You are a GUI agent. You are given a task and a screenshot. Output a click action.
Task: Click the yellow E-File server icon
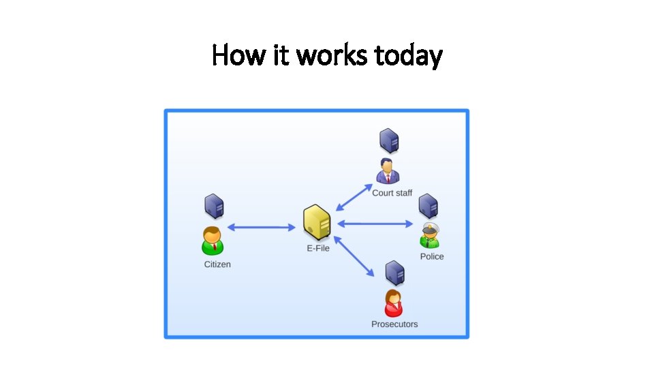pos(317,221)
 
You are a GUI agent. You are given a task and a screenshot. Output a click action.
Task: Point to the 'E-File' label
pos(318,248)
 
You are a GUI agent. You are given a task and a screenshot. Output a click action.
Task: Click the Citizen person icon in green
pos(213,240)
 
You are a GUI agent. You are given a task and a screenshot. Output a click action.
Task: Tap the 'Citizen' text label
pos(217,264)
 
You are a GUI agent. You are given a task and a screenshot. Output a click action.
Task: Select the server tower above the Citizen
pos(215,206)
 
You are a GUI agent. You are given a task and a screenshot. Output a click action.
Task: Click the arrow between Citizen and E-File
pos(260,227)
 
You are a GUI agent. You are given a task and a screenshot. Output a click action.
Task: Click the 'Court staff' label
pos(392,193)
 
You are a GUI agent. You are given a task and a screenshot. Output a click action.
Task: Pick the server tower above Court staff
pos(389,141)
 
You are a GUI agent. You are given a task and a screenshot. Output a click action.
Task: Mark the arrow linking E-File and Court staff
pos(355,197)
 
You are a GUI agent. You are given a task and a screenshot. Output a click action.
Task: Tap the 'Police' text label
pos(432,256)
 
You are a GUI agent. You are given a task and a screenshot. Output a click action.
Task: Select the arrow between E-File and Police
pos(375,224)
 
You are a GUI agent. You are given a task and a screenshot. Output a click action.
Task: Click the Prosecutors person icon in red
pos(393,303)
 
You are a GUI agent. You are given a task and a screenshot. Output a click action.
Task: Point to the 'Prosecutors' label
pos(394,324)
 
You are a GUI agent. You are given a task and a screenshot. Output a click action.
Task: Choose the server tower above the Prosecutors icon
pos(394,273)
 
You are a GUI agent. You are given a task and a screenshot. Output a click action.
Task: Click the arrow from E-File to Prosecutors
pos(354,256)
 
